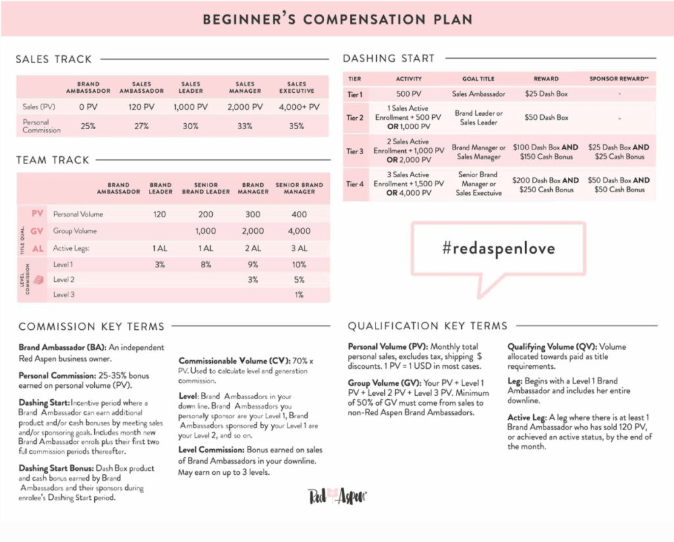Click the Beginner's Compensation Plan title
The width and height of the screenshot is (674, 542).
[x=337, y=19]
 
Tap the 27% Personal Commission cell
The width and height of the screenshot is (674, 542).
[x=142, y=126]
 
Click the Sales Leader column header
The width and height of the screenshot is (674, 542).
[x=190, y=88]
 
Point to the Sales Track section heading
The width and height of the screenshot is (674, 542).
[x=54, y=59]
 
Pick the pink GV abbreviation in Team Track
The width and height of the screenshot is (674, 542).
[x=36, y=231]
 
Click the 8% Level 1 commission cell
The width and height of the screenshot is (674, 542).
[x=206, y=265]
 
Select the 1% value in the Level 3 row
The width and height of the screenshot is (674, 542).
[x=299, y=295]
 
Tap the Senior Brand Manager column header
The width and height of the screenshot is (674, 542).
[x=299, y=188]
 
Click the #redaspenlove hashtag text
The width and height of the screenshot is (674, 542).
[x=499, y=248]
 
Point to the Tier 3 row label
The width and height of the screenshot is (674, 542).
[x=355, y=151]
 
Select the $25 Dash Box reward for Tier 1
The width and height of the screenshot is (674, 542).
[x=546, y=94]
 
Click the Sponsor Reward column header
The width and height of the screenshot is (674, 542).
[x=618, y=79]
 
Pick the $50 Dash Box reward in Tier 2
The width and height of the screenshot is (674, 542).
[x=546, y=117]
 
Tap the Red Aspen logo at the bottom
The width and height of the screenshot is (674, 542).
[x=337, y=496]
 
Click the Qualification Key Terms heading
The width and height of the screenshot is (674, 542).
[x=428, y=326]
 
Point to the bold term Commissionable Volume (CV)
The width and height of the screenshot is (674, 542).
[x=233, y=361]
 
